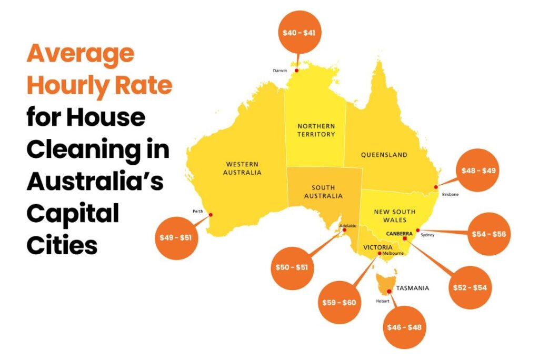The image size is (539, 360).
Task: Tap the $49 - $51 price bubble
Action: click(x=176, y=237)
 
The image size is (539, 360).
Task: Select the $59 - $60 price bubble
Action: click(x=338, y=303)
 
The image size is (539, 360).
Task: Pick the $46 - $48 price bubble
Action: click(x=404, y=327)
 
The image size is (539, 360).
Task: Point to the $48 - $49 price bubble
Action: click(x=478, y=171)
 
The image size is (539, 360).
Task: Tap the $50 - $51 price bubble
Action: click(x=292, y=267)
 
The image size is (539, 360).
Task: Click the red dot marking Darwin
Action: click(x=296, y=71)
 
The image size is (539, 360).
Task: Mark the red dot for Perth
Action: click(x=211, y=214)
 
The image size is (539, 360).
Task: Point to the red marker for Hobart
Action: click(x=389, y=292)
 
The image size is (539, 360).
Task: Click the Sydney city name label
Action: click(x=427, y=235)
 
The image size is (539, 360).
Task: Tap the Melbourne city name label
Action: click(x=393, y=253)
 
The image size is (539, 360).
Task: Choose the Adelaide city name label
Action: click(x=348, y=226)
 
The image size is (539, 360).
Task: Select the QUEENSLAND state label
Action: click(x=384, y=155)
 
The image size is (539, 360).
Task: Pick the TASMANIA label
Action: click(x=412, y=288)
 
